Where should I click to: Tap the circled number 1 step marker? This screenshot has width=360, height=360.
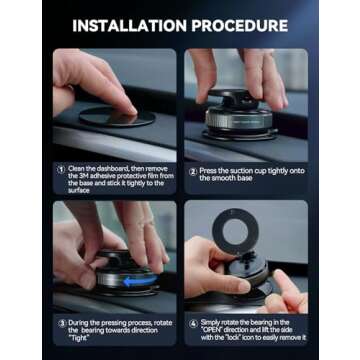pyautogui.click(x=59, y=168)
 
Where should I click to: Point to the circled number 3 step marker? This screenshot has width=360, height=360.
pyautogui.click(x=59, y=322)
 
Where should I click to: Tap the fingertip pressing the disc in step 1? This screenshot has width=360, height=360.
pyautogui.click(x=125, y=102)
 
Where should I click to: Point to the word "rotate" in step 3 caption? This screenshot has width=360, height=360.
pyautogui.click(x=151, y=322)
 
